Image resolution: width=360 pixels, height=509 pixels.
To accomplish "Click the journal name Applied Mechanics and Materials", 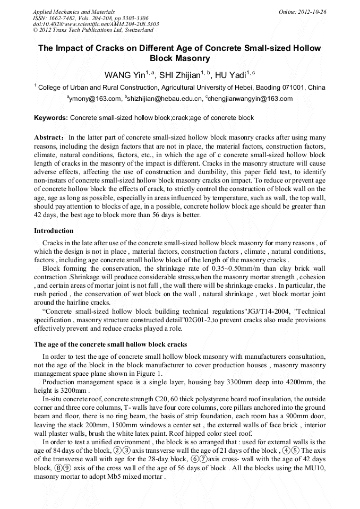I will (x=74, y=11).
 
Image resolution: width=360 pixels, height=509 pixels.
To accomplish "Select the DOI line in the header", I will (x=96, y=24).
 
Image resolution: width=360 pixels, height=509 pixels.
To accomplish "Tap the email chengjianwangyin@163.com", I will (x=250, y=99).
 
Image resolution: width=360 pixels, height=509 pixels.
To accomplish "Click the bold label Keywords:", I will (x=51, y=118).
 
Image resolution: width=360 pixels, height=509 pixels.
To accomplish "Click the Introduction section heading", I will (x=54, y=231).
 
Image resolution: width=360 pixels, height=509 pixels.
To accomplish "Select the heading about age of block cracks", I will (x=110, y=344).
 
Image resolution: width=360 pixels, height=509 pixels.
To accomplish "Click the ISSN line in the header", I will (x=90, y=18).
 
